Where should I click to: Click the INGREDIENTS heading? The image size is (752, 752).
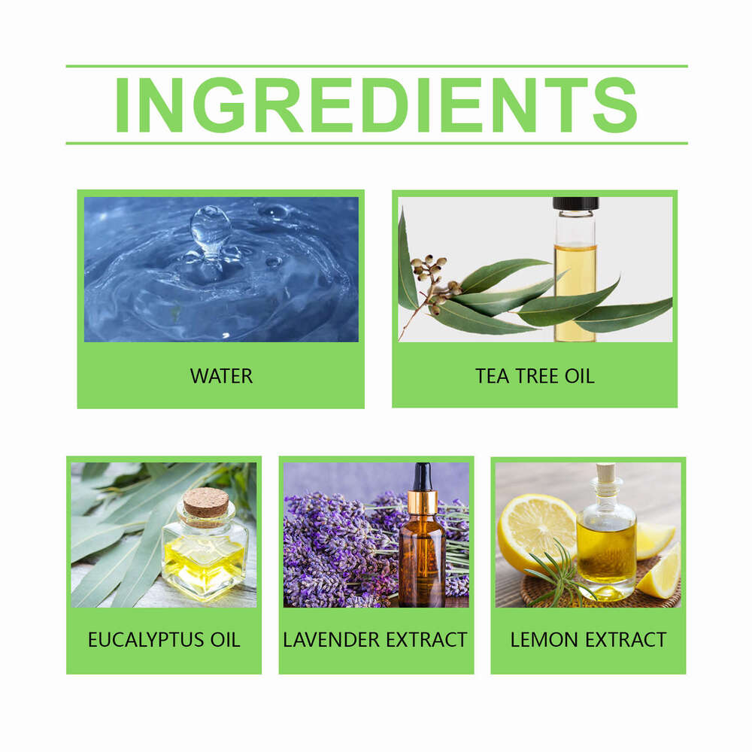point(376,105)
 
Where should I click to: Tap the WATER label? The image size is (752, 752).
point(221,375)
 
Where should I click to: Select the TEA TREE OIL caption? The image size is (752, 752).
point(535,375)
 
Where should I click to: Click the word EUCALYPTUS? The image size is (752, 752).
point(135,640)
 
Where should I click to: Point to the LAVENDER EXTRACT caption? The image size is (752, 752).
point(375,640)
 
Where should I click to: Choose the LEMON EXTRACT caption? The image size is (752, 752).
point(588,640)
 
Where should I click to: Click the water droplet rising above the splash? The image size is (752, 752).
point(210,226)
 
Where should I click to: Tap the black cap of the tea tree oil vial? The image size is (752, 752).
point(575,203)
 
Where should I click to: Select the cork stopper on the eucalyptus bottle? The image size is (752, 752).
point(205,502)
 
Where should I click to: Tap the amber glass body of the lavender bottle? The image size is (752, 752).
point(422,564)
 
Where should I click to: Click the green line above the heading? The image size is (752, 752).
point(376,66)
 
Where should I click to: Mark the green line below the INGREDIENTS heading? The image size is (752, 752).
point(376,143)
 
